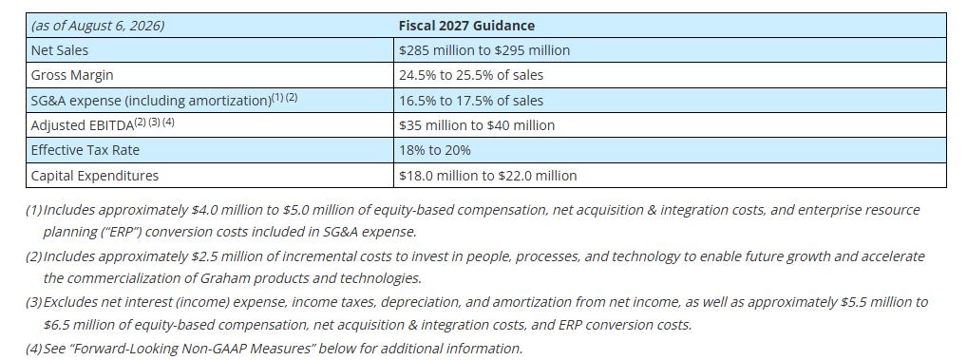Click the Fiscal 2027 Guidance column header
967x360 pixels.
[466, 26]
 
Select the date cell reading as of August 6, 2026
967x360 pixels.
[98, 26]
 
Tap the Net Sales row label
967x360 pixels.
[60, 50]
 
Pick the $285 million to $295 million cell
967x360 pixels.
[484, 50]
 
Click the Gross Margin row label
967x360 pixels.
[72, 75]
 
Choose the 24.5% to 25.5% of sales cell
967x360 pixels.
[471, 75]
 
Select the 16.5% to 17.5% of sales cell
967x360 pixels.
[471, 101]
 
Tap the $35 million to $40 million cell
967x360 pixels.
[477, 125]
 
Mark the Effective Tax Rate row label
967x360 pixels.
[85, 150]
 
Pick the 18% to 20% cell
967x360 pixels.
[435, 150]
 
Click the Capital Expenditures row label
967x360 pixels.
[94, 176]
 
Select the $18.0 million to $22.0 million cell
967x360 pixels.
[488, 176]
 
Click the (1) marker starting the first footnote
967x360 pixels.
[33, 210]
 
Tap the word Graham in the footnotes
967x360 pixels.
[223, 278]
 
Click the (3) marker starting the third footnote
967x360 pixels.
[33, 303]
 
